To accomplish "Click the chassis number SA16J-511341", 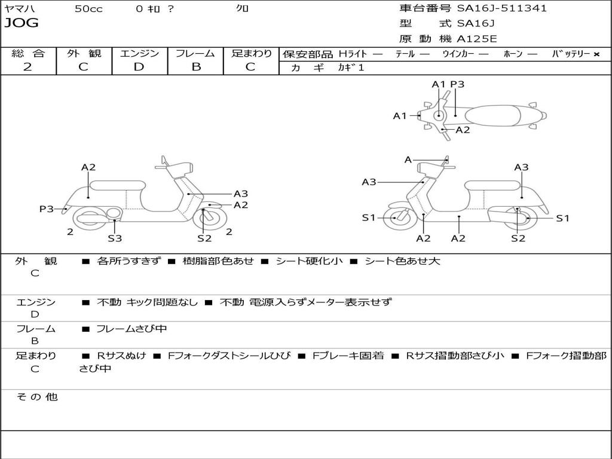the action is [502, 8].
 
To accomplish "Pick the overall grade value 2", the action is [27, 67].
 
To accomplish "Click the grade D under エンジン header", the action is [139, 67].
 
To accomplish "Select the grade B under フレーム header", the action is [196, 67].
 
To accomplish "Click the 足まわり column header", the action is [252, 54].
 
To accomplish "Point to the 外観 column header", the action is [84, 54].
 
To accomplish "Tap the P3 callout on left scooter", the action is [47, 209].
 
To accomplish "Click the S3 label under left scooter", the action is [115, 238].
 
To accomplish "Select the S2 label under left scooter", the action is [204, 238].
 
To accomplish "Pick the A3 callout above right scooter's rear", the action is [521, 167].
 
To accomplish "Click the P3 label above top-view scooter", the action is [457, 84].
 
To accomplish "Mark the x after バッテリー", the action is [596, 54].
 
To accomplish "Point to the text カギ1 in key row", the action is [351, 68].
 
